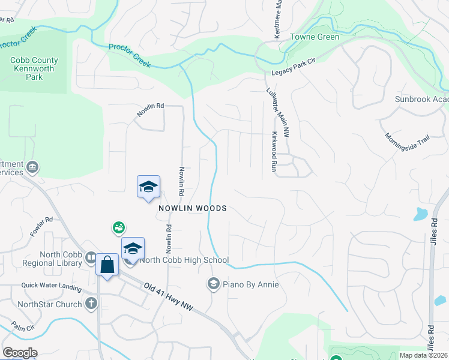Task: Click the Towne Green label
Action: coord(315,37)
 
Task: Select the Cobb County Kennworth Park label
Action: coord(34,68)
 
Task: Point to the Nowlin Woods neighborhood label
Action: coord(192,208)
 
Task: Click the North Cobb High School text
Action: coord(184,260)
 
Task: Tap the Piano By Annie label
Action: coord(250,284)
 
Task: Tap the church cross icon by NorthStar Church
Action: coord(91,304)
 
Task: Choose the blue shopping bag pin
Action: coord(107,265)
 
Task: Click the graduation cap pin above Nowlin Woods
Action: coord(148,187)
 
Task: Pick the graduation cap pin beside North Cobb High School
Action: coord(133,248)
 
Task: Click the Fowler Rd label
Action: coord(41,227)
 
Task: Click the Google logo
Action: coord(20,353)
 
